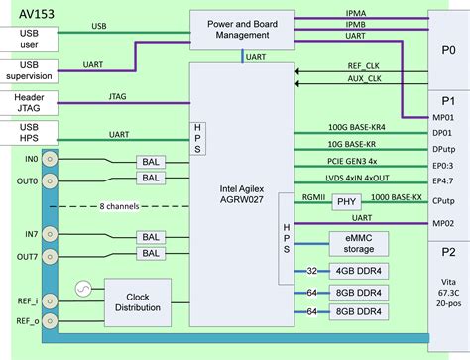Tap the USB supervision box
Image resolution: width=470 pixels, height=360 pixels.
[x=30, y=71]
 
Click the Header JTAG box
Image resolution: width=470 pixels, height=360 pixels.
[x=30, y=104]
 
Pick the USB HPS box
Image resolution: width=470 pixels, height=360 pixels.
[x=30, y=138]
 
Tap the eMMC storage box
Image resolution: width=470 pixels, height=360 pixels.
[x=357, y=242]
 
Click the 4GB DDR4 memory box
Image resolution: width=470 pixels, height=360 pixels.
[x=358, y=270]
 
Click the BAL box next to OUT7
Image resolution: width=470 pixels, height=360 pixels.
[x=151, y=254]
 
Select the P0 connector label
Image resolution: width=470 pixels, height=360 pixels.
[x=448, y=47]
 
